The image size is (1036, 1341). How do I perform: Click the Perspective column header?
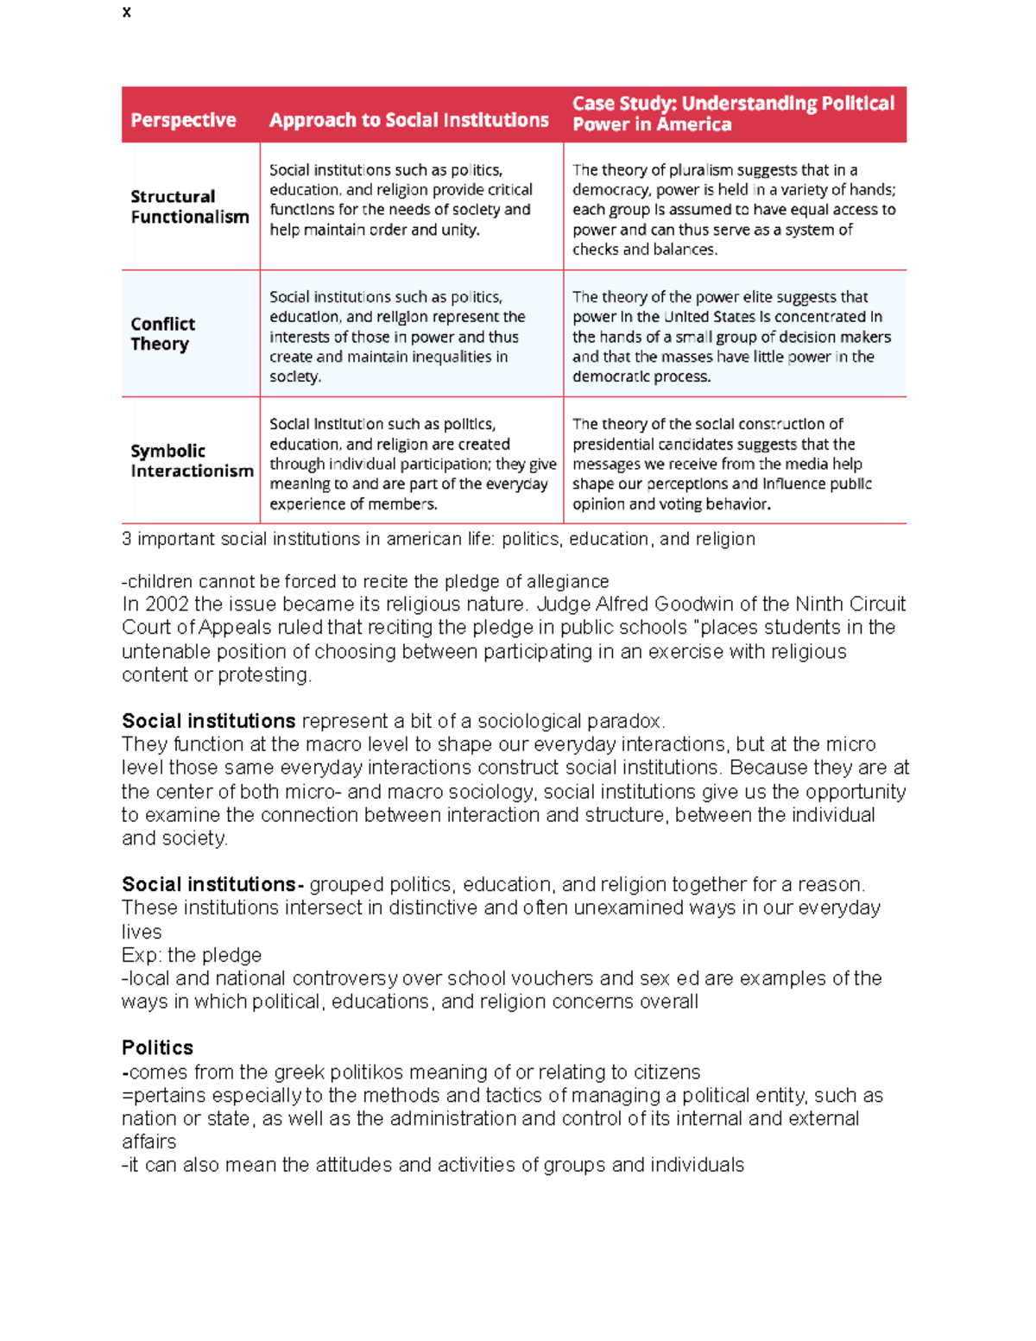point(183,120)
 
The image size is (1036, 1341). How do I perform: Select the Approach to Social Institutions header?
point(408,120)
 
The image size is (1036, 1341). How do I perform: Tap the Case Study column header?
point(733,114)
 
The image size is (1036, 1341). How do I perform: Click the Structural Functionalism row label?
point(189,207)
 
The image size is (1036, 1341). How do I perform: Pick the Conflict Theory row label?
point(162,334)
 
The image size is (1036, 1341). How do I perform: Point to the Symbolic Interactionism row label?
point(192,461)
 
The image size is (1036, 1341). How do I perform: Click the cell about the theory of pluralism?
point(734,210)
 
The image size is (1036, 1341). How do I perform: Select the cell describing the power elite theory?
point(731,337)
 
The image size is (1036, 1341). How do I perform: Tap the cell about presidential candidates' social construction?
point(722,464)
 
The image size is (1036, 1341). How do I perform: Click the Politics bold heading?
point(157,1048)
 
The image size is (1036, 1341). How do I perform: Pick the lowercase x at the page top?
point(127,12)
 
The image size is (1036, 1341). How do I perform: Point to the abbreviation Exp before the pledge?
point(140,955)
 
